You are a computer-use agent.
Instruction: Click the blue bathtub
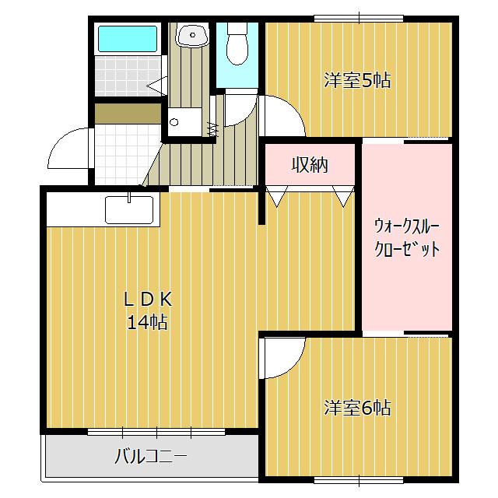pos(128,40)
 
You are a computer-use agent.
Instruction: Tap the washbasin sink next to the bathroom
pos(191,35)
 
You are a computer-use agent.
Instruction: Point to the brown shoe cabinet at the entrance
pos(126,114)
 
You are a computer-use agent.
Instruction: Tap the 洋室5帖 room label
pos(357,79)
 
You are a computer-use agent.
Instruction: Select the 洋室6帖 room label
pos(357,407)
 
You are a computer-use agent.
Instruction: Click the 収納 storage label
pos(310,165)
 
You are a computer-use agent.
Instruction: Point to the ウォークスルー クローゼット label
pos(407,238)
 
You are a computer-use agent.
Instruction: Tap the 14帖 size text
pos(148,322)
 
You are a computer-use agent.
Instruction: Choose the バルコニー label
pos(151,456)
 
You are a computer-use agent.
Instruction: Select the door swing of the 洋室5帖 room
pos(282,117)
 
